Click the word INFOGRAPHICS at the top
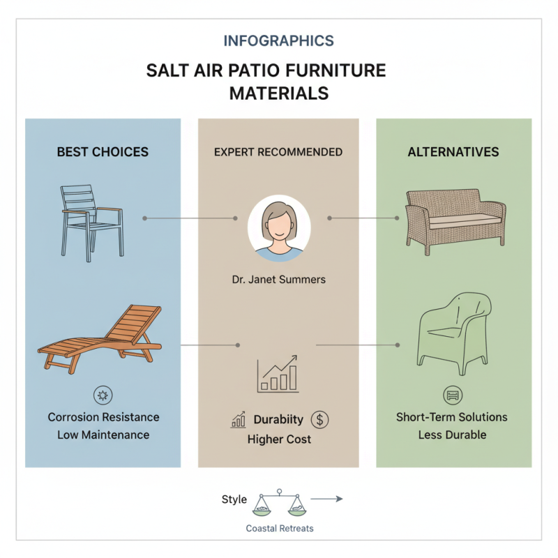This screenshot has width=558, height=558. (278, 40)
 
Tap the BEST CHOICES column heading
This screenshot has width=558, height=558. (103, 151)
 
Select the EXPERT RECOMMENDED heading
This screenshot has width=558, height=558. (278, 151)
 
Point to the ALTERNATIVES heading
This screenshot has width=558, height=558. (453, 151)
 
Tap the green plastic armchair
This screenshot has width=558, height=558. (453, 331)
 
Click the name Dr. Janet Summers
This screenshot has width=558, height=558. (278, 280)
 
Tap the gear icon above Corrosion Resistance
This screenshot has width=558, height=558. (103, 395)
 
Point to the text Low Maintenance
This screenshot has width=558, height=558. (103, 435)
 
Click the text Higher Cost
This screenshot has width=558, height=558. (279, 439)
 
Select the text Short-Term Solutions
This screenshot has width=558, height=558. (452, 417)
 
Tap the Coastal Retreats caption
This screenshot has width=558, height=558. (278, 528)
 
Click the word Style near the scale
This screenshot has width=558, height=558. (234, 499)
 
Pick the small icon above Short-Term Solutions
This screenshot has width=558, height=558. (452, 395)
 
